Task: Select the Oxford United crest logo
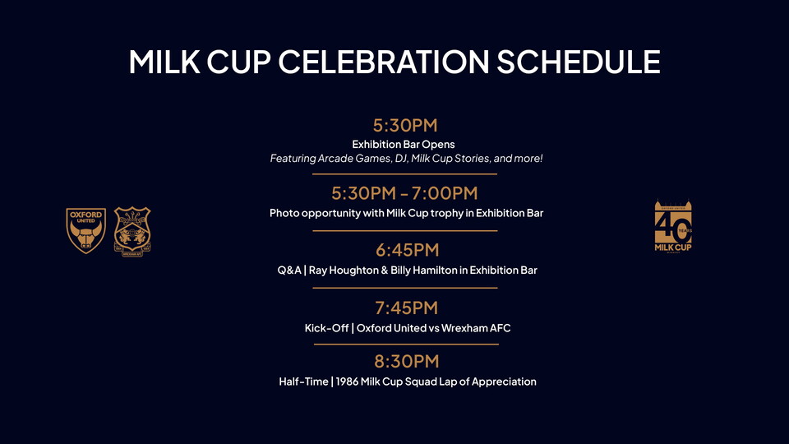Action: click(x=86, y=230)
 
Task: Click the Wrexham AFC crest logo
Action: click(x=132, y=229)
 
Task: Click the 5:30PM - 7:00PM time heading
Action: click(x=404, y=193)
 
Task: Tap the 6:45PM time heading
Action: click(x=407, y=250)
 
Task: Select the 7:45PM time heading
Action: click(x=406, y=308)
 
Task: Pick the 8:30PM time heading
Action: click(x=407, y=361)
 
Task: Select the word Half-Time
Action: click(x=302, y=382)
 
